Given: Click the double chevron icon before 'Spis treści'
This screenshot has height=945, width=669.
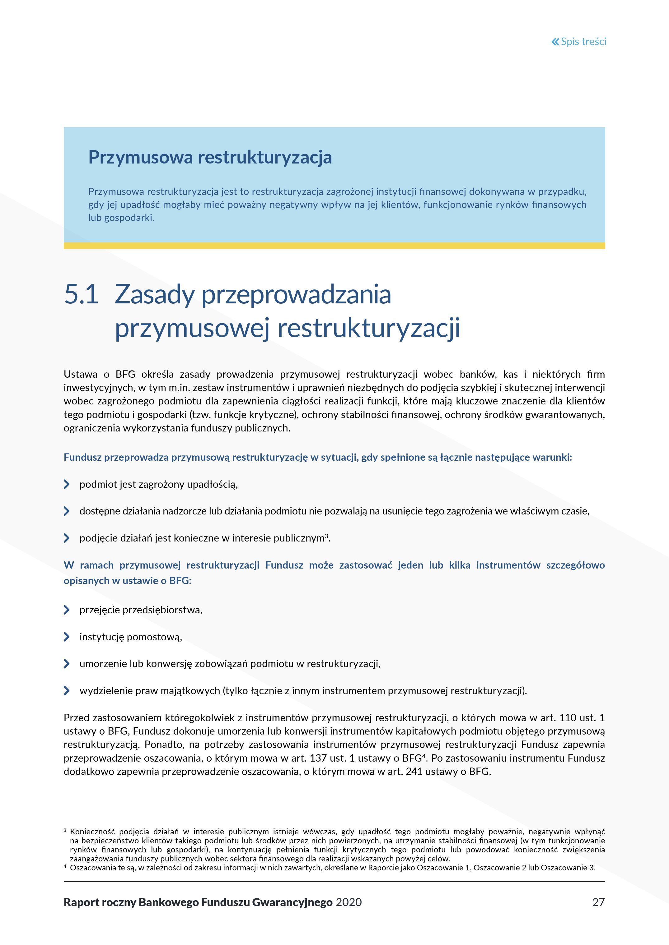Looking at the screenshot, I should [555, 42].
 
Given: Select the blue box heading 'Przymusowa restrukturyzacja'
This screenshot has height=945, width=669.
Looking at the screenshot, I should [210, 157].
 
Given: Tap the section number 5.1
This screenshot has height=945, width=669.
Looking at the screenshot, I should [81, 295].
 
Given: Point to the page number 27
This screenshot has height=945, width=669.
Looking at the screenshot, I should [598, 902].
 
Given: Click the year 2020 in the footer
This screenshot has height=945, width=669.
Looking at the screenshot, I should [349, 902].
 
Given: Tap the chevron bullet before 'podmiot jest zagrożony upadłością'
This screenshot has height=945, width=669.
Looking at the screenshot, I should [67, 484].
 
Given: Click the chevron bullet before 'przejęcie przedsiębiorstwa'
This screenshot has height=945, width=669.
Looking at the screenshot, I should [67, 610].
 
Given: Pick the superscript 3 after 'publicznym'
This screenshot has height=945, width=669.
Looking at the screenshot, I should [327, 536].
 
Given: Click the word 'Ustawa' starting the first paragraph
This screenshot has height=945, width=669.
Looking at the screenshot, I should [80, 375].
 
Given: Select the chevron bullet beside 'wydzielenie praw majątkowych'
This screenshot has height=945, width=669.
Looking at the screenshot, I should [67, 691].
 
